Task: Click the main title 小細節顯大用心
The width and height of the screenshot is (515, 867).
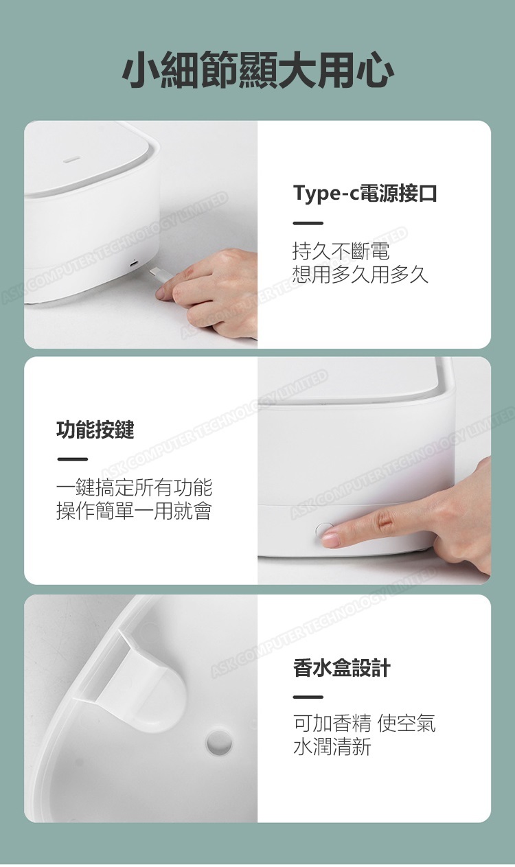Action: point(257,69)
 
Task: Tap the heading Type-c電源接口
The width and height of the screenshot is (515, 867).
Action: point(365,193)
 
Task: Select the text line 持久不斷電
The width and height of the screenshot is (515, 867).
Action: point(341,251)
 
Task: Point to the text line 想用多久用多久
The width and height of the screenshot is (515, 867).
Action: point(360,275)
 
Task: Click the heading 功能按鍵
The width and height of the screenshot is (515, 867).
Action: point(95,430)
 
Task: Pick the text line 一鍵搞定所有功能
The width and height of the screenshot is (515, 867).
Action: point(135,487)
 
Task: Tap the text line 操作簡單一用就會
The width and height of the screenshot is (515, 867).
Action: point(135,511)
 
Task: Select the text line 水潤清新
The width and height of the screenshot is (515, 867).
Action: point(332,754)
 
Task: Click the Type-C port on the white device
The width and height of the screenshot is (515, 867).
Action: point(134,264)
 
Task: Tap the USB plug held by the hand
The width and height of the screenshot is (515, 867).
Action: point(159,276)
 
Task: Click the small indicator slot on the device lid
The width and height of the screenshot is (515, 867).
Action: point(71,159)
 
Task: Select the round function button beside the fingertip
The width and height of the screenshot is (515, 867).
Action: point(323,529)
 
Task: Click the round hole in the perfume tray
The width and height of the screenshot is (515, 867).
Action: point(219,742)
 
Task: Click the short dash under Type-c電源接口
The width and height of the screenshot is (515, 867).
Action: point(308,223)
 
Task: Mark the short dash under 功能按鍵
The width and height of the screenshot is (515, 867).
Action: point(72,459)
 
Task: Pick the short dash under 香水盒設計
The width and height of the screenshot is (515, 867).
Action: point(308,697)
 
